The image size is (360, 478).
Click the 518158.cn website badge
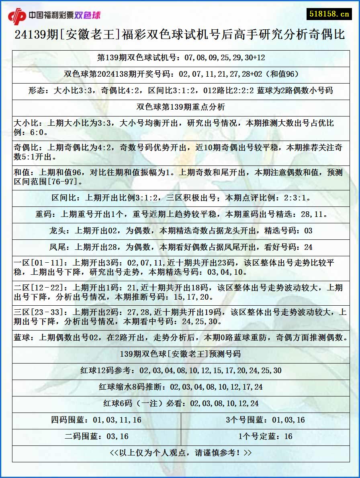(x=329, y=14)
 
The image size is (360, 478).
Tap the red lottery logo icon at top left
(x=17, y=16)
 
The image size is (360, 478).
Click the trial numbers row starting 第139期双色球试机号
(x=181, y=57)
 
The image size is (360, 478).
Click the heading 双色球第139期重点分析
(x=181, y=107)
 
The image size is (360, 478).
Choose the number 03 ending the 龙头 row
(x=308, y=231)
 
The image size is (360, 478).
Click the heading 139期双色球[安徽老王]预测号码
(x=181, y=354)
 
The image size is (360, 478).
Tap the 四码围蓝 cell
(x=96, y=420)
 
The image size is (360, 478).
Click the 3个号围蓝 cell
(x=265, y=420)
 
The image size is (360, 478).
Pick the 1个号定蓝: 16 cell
(x=265, y=437)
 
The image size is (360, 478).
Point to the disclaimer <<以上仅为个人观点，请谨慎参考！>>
(x=181, y=453)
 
